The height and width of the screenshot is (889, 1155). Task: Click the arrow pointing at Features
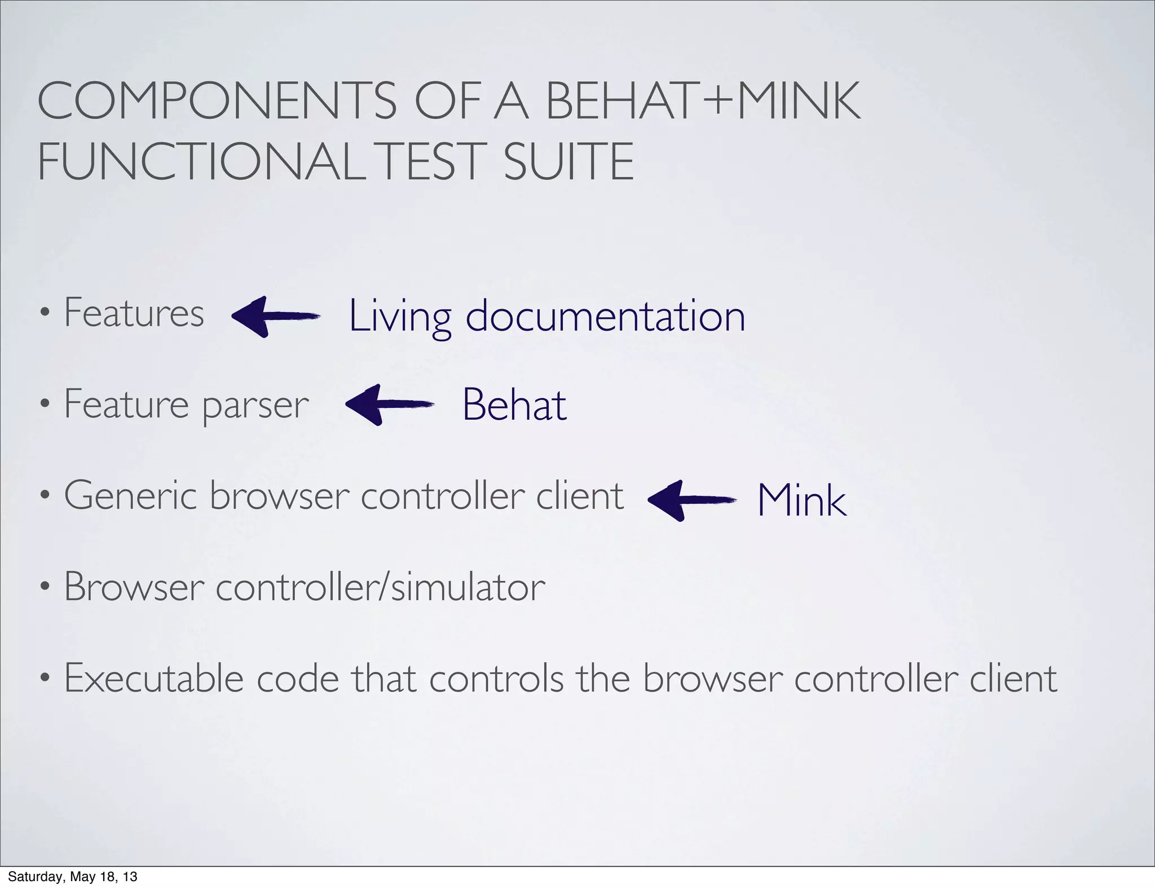pyautogui.click(x=276, y=316)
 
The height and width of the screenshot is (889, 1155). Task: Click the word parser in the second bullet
pyautogui.click(x=255, y=406)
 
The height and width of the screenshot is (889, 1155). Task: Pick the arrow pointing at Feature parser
pyautogui.click(x=389, y=404)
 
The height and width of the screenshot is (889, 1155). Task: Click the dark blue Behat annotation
pyautogui.click(x=514, y=405)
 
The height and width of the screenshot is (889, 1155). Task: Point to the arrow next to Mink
pyautogui.click(x=692, y=500)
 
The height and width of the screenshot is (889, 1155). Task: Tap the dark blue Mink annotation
pyautogui.click(x=801, y=500)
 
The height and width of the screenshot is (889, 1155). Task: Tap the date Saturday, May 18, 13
pyautogui.click(x=73, y=877)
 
